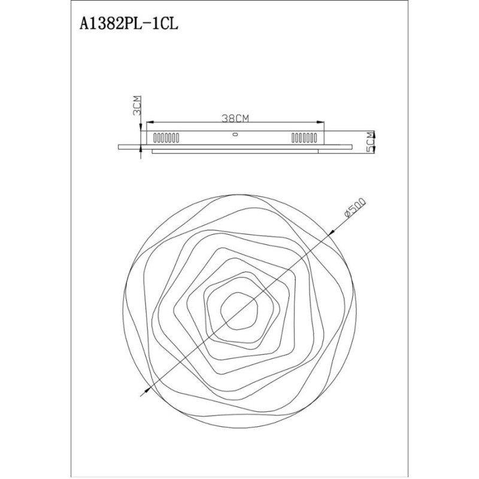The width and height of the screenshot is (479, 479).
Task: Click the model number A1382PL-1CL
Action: tap(129, 24)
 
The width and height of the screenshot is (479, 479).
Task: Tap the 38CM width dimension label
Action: tap(235, 119)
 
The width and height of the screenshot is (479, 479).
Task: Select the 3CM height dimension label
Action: tap(137, 105)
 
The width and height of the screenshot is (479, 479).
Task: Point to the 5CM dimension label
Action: tap(370, 142)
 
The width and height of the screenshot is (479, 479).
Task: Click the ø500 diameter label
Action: tap(354, 207)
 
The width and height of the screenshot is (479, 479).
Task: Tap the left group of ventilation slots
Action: tap(166, 138)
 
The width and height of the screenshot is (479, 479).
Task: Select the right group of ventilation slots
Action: tap(304, 138)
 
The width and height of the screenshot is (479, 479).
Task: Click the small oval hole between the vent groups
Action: tap(235, 134)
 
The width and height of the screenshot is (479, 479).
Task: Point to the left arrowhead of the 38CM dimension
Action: tap(150, 123)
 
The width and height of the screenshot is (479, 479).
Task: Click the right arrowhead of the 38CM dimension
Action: tap(321, 123)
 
